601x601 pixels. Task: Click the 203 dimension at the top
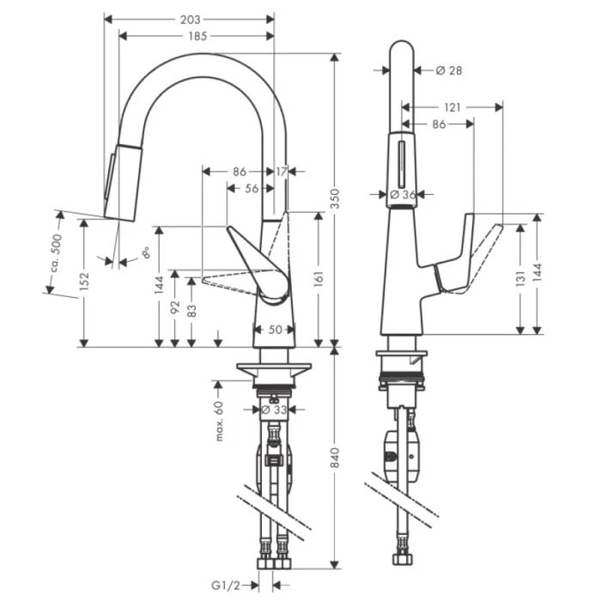tap(191, 18)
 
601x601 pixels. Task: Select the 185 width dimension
tap(197, 36)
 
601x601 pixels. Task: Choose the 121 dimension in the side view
tap(452, 107)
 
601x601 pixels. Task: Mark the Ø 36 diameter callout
tap(402, 195)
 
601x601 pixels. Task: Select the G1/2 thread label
tap(221, 586)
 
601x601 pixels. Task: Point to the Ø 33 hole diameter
tap(275, 410)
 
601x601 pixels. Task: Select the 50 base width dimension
tap(275, 329)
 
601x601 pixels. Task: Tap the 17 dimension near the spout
tap(282, 172)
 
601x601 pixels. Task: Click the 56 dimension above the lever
tap(252, 188)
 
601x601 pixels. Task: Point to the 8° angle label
tap(146, 252)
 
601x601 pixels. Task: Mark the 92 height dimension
tap(175, 307)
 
